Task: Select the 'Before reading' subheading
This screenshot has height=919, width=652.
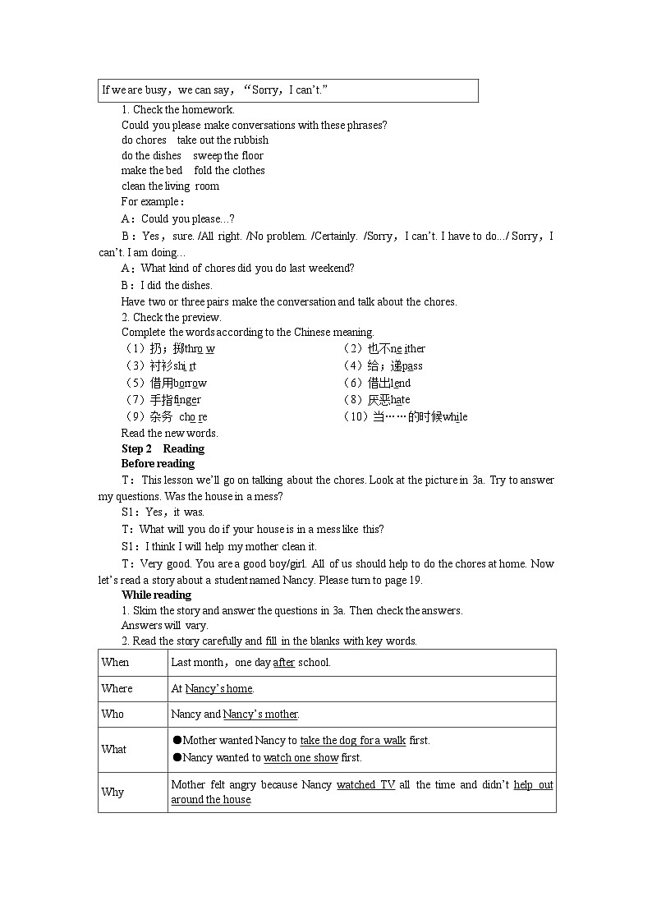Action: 158,463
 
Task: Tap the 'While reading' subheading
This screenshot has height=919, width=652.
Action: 156,595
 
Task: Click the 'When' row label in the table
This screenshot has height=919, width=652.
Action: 115,662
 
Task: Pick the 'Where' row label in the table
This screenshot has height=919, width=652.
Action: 117,688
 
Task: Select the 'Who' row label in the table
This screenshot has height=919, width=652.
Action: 112,714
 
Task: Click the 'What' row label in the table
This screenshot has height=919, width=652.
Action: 113,749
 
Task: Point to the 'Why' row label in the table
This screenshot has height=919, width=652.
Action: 112,792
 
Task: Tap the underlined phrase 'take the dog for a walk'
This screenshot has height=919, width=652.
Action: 352,740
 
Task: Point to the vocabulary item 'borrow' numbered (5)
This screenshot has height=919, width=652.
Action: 190,383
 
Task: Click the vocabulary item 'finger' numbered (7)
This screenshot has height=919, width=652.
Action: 187,399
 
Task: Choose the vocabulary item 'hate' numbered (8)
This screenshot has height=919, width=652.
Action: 400,399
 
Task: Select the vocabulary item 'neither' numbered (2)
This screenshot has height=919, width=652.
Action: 408,348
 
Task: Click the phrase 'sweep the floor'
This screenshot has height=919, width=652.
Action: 228,155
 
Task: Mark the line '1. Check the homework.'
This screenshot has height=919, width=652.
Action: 177,109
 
